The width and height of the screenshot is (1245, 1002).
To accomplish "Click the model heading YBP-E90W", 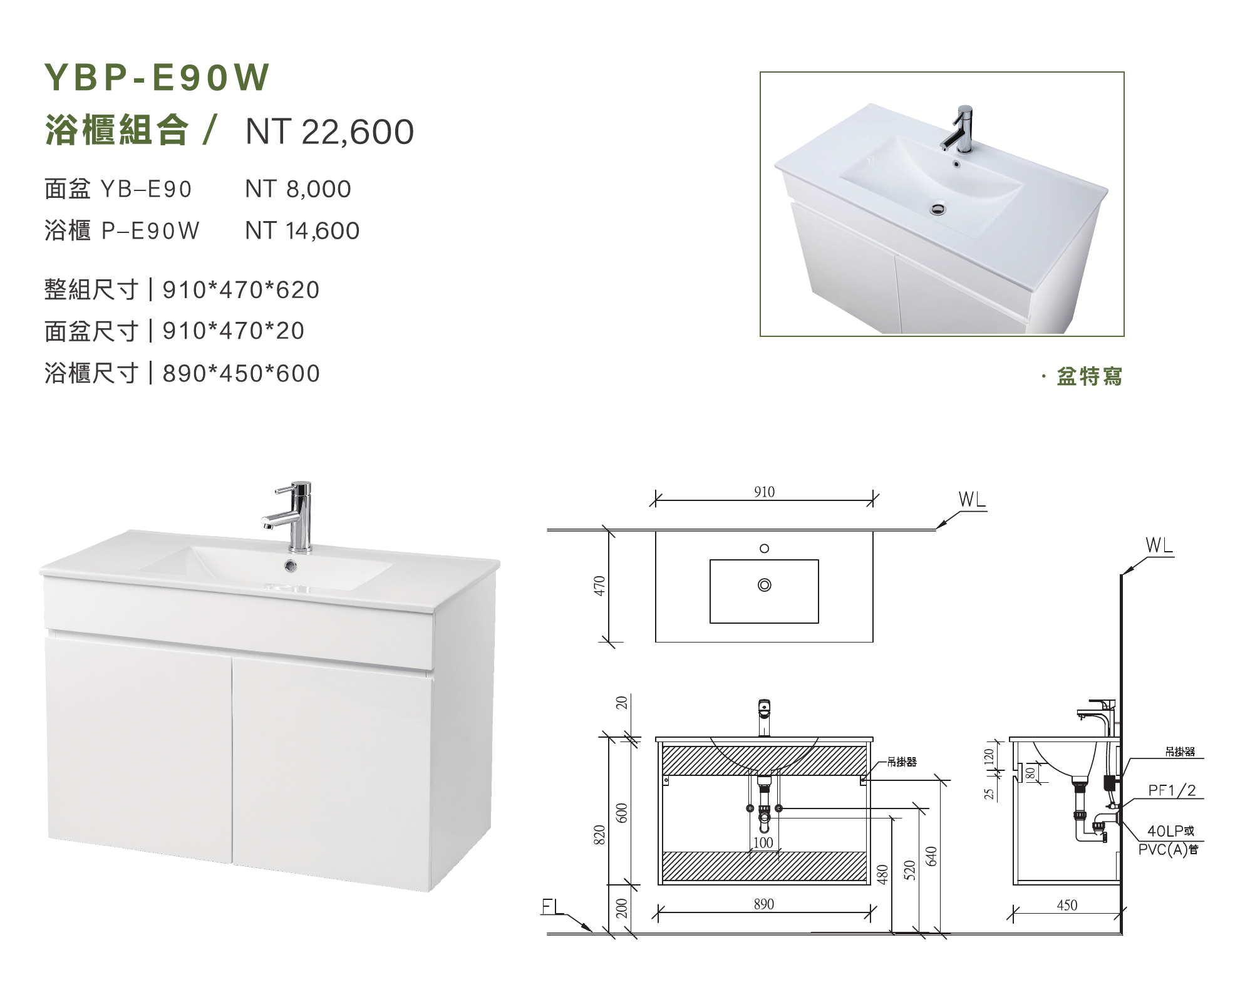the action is (x=157, y=78).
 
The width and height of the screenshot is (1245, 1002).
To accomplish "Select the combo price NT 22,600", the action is (x=329, y=132).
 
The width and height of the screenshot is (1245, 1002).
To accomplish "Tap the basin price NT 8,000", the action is (x=298, y=189).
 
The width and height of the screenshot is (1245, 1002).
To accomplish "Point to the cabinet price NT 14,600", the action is (x=302, y=231).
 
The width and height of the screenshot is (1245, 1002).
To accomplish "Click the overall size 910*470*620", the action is (x=241, y=290).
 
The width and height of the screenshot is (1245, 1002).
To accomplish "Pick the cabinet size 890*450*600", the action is (x=241, y=373).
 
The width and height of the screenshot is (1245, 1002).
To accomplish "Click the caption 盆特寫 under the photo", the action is (x=1090, y=376).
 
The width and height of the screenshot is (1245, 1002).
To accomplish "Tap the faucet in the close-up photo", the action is (x=959, y=128).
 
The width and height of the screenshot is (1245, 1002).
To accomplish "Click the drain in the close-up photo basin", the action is (x=938, y=208).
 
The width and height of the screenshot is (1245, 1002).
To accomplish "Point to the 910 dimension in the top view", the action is (x=764, y=492).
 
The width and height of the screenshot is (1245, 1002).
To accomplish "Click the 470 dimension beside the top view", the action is (x=600, y=586).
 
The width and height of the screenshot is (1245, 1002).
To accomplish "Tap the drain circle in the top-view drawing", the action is (x=764, y=585).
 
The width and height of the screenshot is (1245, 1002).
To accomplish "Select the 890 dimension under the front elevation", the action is (x=764, y=904).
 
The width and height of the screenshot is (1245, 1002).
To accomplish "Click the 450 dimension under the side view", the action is (x=1067, y=905).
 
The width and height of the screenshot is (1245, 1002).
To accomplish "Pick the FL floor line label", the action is (x=552, y=907).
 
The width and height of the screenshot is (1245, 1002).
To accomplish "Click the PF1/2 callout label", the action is (x=1172, y=791).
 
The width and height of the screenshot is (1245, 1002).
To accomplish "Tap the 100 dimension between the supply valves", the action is (x=763, y=843).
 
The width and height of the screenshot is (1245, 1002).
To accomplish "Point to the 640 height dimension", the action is (x=931, y=856).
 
